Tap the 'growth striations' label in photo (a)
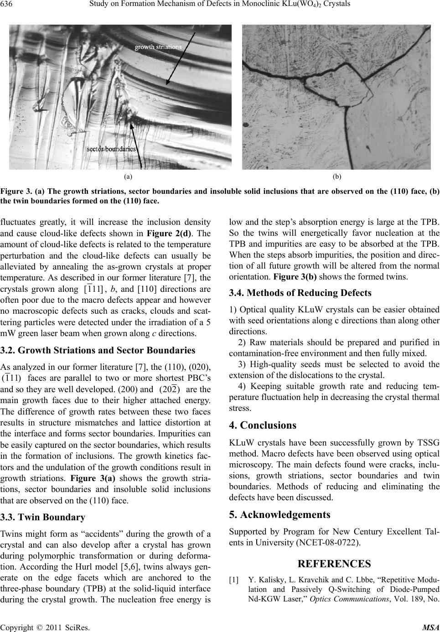(158, 47)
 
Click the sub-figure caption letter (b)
(337, 176)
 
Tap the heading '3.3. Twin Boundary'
(43, 518)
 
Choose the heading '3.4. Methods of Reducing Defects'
(300, 293)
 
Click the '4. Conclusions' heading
(263, 425)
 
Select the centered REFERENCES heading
(334, 564)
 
